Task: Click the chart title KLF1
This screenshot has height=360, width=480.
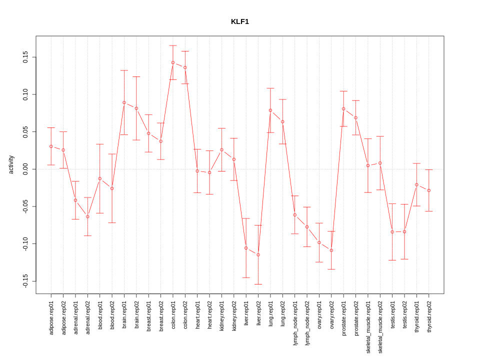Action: (x=239, y=21)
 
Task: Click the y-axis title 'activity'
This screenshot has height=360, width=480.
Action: (x=11, y=164)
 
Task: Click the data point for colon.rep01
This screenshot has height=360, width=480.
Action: (x=173, y=63)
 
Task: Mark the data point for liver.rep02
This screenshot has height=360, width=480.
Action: (x=258, y=255)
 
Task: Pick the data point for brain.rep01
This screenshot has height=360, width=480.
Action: (x=124, y=102)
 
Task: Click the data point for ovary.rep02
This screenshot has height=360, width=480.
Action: (x=331, y=250)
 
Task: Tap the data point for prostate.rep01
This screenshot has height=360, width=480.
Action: (x=343, y=108)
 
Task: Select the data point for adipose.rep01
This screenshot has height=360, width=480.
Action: (x=51, y=146)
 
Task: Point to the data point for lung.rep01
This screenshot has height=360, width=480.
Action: (x=270, y=110)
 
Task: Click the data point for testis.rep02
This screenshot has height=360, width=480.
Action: (x=404, y=232)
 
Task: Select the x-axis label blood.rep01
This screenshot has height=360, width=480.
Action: (x=100, y=314)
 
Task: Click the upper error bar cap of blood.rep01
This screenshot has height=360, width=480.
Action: (x=100, y=144)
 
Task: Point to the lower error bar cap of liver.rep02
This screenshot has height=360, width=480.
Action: (x=258, y=284)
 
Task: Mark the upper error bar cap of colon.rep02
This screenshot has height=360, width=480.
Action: (x=185, y=51)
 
